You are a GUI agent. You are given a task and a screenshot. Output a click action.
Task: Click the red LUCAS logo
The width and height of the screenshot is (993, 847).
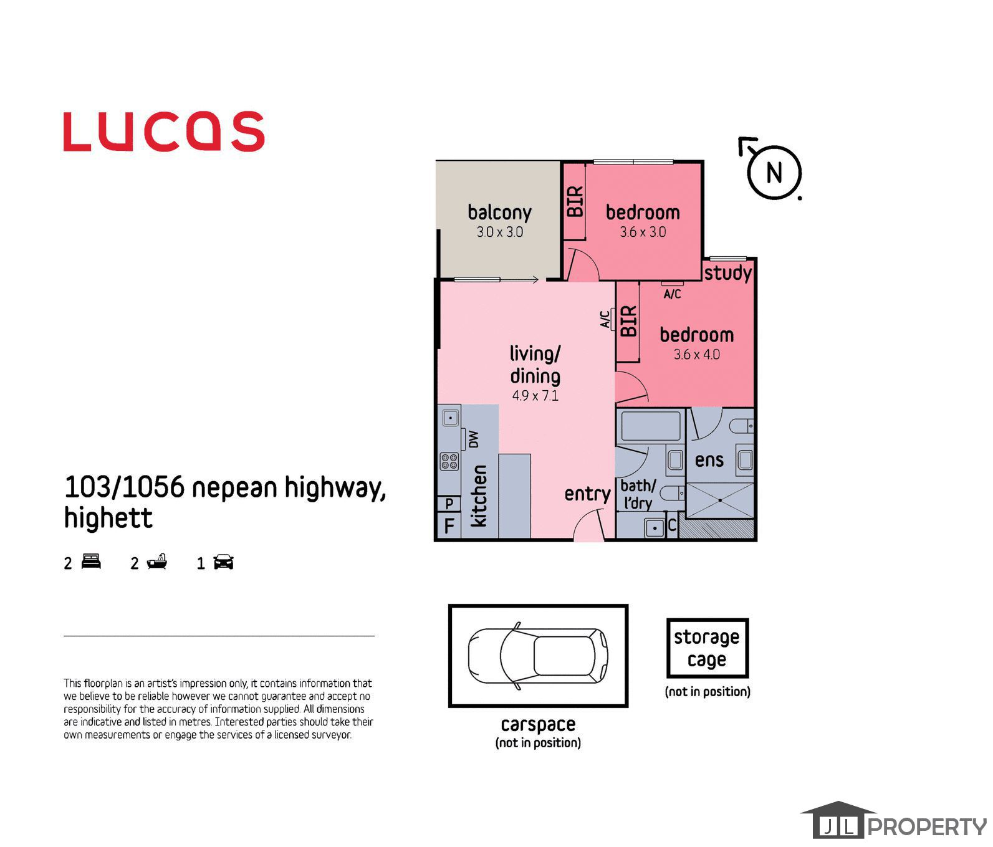pos(164,132)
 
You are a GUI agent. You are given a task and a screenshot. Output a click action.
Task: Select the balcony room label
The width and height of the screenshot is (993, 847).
pos(500,213)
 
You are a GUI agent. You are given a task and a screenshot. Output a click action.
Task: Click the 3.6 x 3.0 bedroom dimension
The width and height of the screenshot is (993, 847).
pos(643,232)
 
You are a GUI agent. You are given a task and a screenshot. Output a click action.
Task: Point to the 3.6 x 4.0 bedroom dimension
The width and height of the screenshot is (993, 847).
pos(697,355)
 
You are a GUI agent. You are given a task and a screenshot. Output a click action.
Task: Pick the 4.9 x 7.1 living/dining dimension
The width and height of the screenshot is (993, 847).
pos(535,396)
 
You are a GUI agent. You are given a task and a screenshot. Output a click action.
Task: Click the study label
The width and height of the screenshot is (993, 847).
pos(728,273)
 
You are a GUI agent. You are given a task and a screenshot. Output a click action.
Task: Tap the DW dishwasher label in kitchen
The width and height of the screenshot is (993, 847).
pos(474,439)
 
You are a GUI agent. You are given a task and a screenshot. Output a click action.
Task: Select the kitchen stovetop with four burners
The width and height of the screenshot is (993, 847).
pos(449,461)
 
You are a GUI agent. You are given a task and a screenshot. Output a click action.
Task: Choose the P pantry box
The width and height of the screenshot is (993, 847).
pos(449,503)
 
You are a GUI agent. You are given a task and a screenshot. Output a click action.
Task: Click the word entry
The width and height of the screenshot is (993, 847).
pos(587,494)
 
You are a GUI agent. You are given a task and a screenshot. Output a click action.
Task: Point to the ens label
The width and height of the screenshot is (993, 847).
pos(709,461)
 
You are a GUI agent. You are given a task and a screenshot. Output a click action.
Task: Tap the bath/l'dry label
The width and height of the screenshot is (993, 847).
pos(638,494)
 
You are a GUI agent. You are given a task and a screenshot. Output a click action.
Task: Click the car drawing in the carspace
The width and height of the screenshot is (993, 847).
pos(539,656)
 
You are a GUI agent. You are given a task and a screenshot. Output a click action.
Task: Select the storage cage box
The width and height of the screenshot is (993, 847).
pos(708,648)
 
